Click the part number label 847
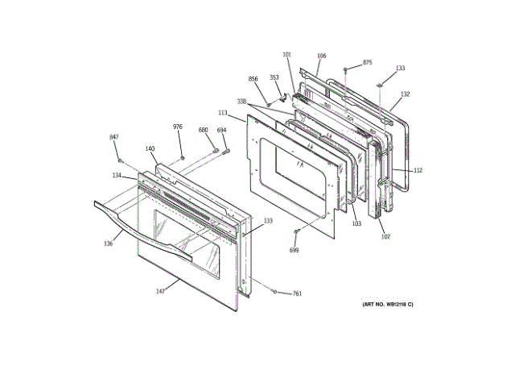tap(113, 138)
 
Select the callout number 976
tap(178, 127)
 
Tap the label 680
tap(203, 130)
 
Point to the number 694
tap(221, 130)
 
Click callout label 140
tap(150, 148)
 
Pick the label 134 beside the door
tap(117, 175)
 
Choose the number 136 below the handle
tap(108, 243)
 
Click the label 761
tap(296, 293)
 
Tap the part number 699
tap(295, 250)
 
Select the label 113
tap(223, 113)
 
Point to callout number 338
tap(241, 101)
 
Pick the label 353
tap(274, 77)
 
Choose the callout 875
tap(367, 62)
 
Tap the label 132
tap(405, 94)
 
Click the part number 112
tap(418, 170)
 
